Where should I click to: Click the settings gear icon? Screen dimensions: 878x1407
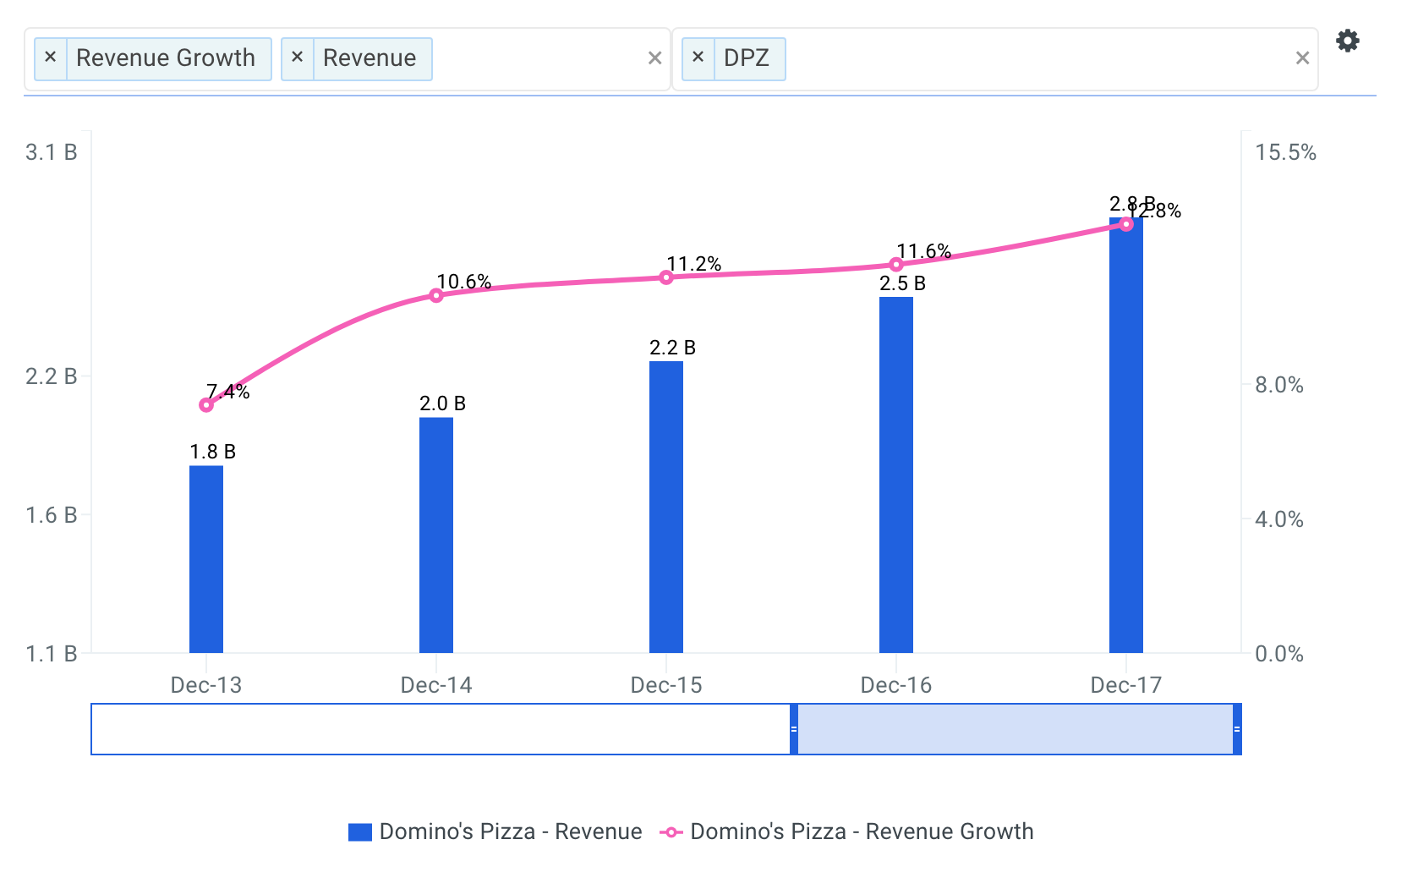1347,41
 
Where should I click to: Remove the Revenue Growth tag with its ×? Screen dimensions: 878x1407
51,58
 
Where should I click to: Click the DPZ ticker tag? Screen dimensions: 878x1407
746,58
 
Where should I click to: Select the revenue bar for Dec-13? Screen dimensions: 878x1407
206,558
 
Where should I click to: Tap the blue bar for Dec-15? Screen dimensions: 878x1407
666,507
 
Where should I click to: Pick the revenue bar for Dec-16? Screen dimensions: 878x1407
896,475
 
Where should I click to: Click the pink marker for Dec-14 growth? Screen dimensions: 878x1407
436,295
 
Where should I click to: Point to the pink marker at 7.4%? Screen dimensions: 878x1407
206,405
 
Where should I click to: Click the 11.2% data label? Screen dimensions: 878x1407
693,264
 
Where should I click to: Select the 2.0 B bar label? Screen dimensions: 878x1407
442,403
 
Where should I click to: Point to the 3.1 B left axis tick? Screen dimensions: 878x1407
52,152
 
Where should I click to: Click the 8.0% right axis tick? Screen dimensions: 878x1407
1278,385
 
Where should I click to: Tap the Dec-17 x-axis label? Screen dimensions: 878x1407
1125,685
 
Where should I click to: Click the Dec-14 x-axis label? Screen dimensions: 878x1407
436,685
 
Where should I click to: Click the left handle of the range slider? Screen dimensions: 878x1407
794,729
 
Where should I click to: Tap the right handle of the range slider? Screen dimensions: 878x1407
1237,729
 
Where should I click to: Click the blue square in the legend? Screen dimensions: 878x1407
360,832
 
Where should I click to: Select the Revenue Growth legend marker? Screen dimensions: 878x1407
671,832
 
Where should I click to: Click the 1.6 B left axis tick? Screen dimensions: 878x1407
52,515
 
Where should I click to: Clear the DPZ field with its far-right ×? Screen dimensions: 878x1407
1302,58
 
